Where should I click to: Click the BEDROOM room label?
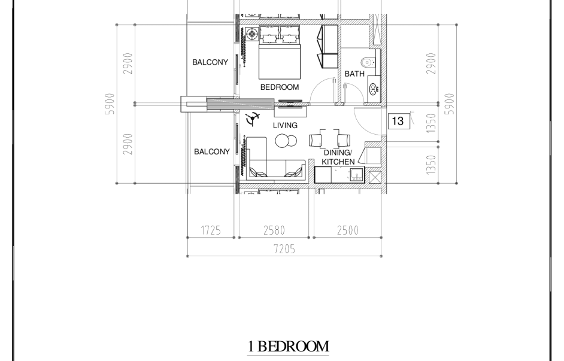coord(280,87)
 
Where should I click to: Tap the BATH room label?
coord(354,74)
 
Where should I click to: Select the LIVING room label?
coord(285,125)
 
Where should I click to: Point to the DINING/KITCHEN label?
coord(338,157)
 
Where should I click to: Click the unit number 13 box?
coord(399,121)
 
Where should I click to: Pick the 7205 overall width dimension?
coord(284,249)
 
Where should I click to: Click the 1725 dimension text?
coord(211,230)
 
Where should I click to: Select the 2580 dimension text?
coord(274,230)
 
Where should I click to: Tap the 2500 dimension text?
coord(348,230)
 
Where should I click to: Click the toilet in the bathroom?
coord(369,63)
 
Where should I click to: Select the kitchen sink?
coord(356,175)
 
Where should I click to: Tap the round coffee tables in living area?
coord(286,141)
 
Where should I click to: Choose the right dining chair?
coord(344,140)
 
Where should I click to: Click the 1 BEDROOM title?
coord(288,346)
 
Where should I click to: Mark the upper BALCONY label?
coord(210,62)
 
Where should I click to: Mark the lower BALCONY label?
coord(212,151)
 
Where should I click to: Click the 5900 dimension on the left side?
coord(110,104)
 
